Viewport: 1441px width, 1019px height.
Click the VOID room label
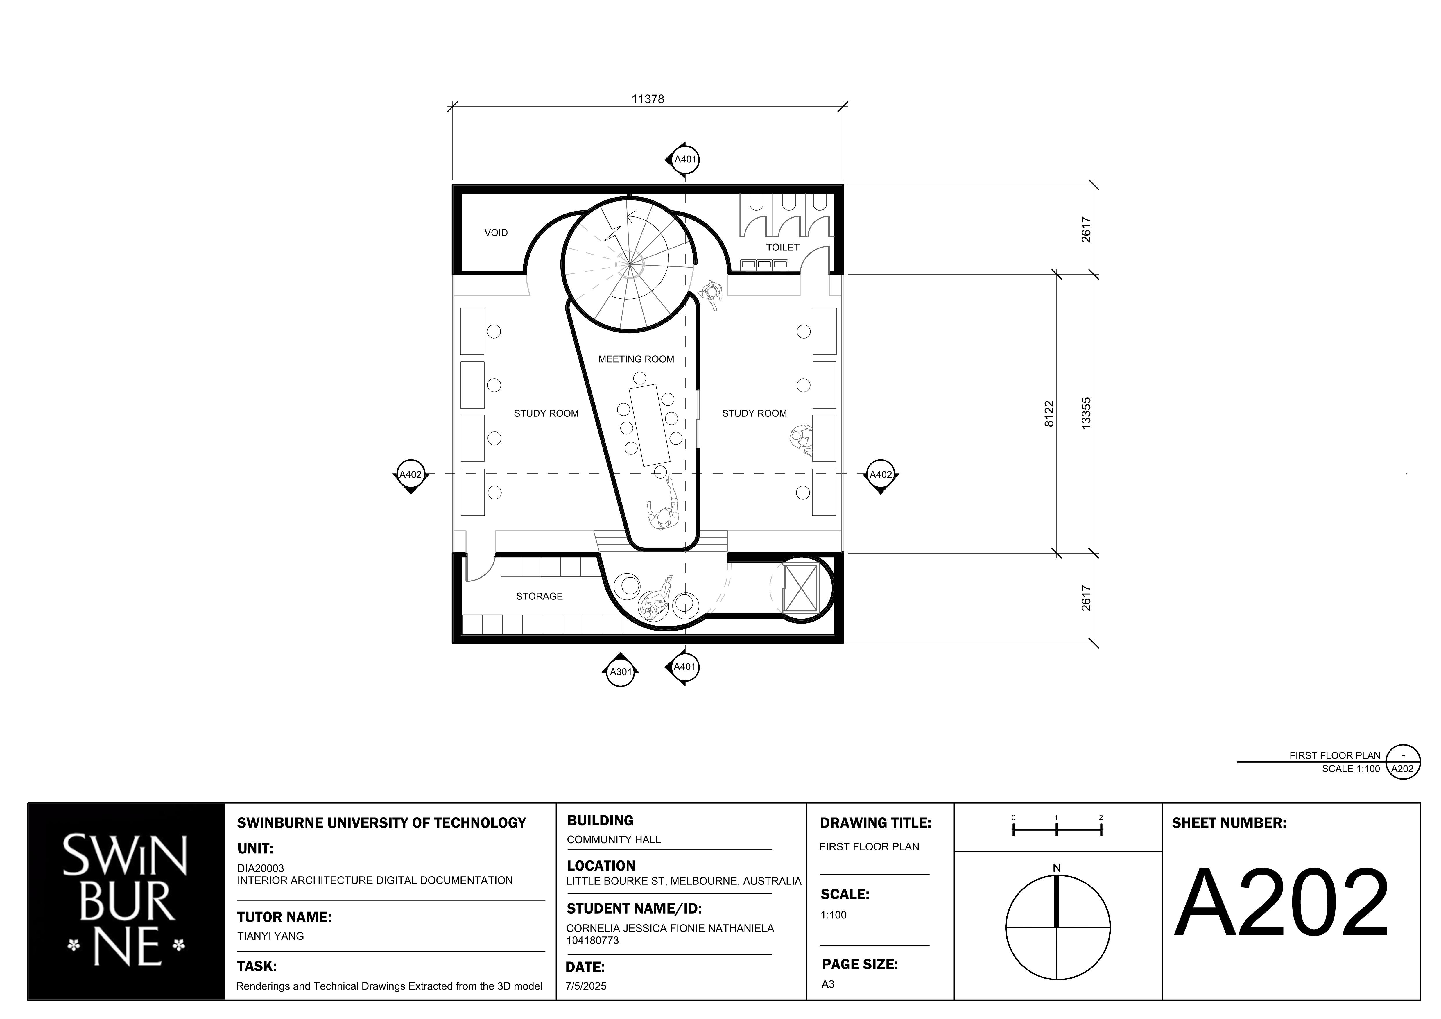tap(496, 233)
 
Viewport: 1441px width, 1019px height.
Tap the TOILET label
tap(783, 247)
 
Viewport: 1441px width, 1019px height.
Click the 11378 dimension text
tap(648, 99)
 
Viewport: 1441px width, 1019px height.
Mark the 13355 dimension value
tap(1086, 413)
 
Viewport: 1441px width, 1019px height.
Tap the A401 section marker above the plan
tap(683, 160)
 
